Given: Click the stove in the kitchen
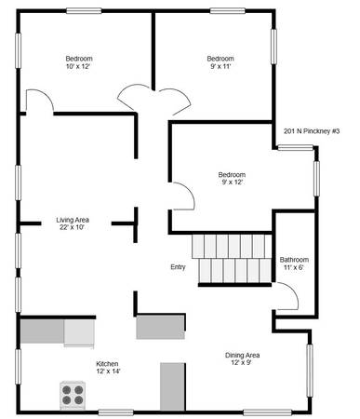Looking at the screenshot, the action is pyautogui.click(x=73, y=394).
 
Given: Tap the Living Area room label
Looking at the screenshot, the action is pyautogui.click(x=73, y=223).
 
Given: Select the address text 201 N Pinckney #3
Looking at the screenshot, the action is pyautogui.click(x=312, y=131).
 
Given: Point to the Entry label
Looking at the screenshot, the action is pyautogui.click(x=178, y=267).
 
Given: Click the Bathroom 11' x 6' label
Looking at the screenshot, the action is pyautogui.click(x=294, y=264).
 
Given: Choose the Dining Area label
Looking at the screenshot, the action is pyautogui.click(x=242, y=358).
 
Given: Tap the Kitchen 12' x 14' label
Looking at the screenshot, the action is pyautogui.click(x=108, y=368).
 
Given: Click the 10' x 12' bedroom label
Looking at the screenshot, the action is pyautogui.click(x=79, y=62).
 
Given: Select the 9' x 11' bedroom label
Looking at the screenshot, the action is pyautogui.click(x=220, y=62).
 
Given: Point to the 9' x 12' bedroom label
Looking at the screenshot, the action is pyautogui.click(x=232, y=179).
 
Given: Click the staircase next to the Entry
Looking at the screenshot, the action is pyautogui.click(x=232, y=259).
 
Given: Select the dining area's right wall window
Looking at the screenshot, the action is pyautogui.click(x=310, y=371).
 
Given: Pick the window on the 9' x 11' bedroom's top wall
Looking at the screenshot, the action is pyautogui.click(x=228, y=11).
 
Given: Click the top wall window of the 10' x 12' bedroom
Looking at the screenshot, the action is pyautogui.click(x=84, y=11).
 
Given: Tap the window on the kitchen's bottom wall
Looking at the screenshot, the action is pyautogui.click(x=115, y=412).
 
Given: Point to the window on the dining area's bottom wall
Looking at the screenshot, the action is pyautogui.click(x=267, y=412).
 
